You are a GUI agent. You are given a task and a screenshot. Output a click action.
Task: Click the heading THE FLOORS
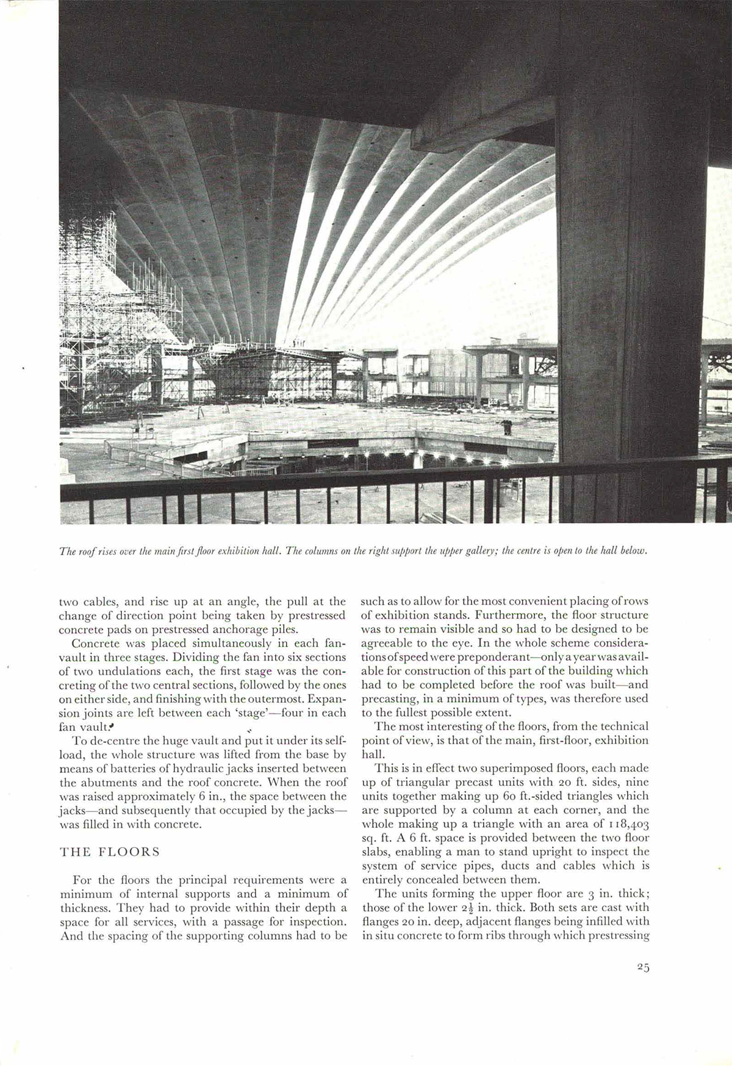[110, 852]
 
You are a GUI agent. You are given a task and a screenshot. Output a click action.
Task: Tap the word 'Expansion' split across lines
[326, 698]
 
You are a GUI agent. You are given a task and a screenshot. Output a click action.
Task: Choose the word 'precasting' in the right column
[389, 698]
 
